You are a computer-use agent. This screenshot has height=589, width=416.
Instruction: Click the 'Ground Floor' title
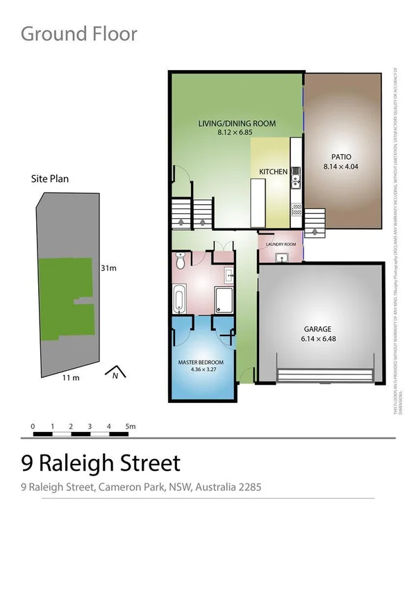[x=79, y=33]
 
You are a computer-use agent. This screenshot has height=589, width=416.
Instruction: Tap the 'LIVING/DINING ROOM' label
[x=237, y=124]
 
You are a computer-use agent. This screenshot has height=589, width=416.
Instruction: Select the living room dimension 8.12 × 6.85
[x=237, y=131]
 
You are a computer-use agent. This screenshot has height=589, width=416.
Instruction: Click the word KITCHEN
[x=274, y=172]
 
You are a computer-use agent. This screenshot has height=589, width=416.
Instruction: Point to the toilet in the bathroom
[x=181, y=262]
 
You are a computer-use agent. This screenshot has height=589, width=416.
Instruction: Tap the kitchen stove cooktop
[x=297, y=206]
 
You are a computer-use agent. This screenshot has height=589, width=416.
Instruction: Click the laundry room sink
[x=281, y=258]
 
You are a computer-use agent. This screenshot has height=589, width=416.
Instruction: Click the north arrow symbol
[x=114, y=374]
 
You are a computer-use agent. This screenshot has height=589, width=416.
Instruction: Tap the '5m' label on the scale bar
[x=131, y=426]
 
